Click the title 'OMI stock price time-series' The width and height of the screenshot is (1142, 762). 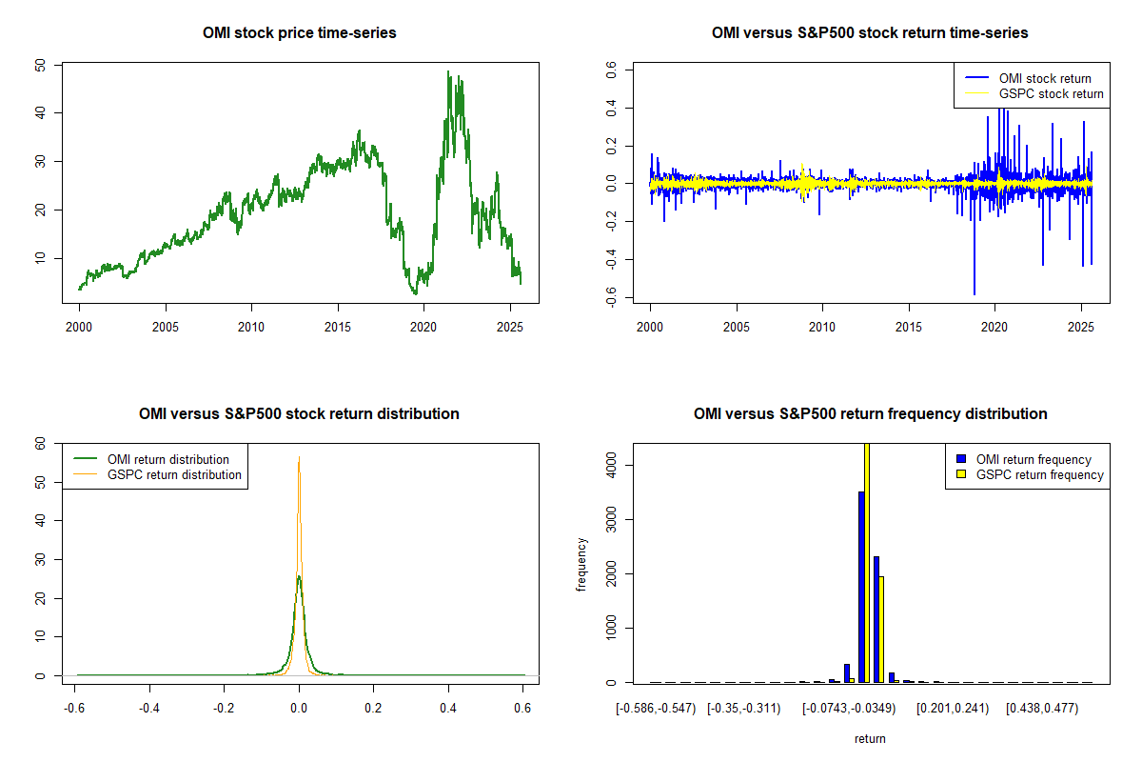(299, 33)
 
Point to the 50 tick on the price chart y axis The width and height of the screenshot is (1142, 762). (41, 64)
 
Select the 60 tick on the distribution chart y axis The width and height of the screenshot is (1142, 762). (41, 443)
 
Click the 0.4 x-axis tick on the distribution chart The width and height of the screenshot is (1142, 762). (448, 709)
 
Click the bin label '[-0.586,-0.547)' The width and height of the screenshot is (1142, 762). (656, 709)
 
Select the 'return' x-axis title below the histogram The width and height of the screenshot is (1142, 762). (870, 738)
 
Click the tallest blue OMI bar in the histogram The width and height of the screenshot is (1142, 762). (861, 586)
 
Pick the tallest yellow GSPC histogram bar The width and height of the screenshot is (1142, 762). (867, 562)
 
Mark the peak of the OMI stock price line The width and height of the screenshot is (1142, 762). (448, 71)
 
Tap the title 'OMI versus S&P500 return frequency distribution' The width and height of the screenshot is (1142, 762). (870, 414)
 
